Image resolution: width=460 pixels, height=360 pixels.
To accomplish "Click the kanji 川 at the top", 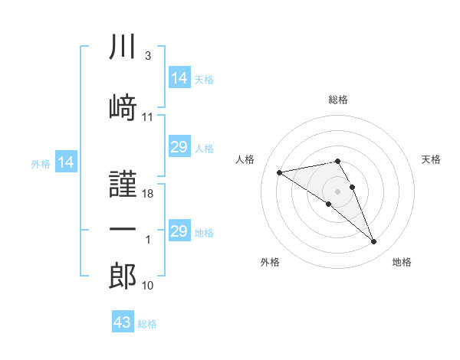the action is click(x=123, y=46).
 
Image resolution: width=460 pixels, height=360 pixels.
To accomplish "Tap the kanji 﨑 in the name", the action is click(x=123, y=107).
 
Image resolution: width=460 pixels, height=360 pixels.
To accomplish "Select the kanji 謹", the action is click(x=123, y=184).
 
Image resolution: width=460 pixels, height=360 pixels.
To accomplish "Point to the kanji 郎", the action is click(x=123, y=276).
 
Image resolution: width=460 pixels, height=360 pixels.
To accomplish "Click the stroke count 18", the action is click(x=147, y=194).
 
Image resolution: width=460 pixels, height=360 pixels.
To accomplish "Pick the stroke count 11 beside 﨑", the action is click(x=147, y=117).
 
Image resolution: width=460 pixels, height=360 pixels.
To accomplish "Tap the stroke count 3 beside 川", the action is click(x=148, y=56).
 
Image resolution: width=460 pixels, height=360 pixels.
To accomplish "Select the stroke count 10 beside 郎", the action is click(x=147, y=286).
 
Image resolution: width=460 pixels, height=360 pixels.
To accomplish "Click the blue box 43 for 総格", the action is click(x=123, y=321).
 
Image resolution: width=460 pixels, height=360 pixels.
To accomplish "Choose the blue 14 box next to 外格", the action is click(x=66, y=162).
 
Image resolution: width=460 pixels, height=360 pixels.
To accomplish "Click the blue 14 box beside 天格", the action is click(x=180, y=77).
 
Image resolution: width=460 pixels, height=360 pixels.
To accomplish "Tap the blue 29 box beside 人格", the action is click(x=180, y=146).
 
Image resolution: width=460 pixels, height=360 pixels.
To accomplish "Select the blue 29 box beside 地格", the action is click(x=180, y=230).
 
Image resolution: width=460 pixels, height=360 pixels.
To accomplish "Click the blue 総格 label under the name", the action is click(x=147, y=324).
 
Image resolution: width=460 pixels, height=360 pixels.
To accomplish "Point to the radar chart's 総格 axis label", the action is click(x=338, y=100).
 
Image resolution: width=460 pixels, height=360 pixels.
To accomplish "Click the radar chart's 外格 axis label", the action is click(x=270, y=262).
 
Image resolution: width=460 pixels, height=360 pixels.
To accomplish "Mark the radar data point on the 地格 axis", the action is click(x=374, y=241).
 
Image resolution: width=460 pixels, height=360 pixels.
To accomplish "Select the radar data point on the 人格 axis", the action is click(x=280, y=172).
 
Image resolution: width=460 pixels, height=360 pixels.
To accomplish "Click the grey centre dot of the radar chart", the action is click(x=337, y=191).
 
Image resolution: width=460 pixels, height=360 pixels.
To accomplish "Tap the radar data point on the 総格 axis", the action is click(x=337, y=161).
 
